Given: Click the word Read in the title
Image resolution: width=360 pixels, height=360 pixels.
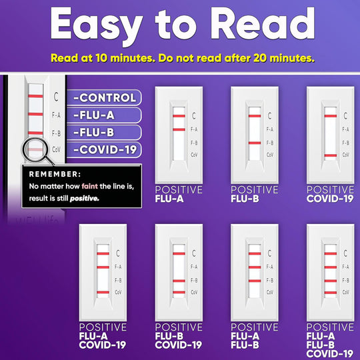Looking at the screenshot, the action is tap(262, 23).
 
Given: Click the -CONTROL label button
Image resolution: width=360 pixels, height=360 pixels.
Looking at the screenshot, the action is tap(104, 97).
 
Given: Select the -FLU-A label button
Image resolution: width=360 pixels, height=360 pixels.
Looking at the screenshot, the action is tap(104, 115).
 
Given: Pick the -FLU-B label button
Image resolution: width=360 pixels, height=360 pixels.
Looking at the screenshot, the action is tap(104, 133).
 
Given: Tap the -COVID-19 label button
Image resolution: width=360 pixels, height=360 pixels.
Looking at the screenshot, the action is tap(104, 150).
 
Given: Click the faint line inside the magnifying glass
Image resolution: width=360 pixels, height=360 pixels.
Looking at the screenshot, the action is tap(35, 150).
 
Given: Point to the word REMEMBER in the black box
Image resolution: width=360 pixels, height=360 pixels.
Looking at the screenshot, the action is tap(55, 174).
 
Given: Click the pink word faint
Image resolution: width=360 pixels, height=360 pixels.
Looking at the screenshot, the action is tap(89, 186).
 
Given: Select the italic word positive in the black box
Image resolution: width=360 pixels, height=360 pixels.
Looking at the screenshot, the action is tap(84, 199).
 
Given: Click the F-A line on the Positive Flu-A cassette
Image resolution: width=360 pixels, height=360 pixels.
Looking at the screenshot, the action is tap(179, 129).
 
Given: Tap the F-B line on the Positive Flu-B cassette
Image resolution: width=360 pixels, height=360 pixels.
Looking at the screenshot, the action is tap(255, 143).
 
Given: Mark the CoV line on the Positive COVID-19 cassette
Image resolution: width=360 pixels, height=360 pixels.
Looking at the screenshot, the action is tap(331, 155).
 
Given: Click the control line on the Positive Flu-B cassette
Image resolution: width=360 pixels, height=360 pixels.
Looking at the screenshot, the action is tap(255, 116).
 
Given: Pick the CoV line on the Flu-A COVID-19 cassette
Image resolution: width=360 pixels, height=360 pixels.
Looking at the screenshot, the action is tap(103, 292).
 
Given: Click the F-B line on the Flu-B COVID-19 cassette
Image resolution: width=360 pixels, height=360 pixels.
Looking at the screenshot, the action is tap(179, 281).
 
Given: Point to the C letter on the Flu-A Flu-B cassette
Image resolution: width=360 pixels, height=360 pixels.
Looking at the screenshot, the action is tap(269, 253).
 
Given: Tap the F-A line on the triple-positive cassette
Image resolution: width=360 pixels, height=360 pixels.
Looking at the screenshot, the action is tap(331, 267).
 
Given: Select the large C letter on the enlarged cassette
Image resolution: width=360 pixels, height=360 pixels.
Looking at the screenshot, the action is tap(56, 97).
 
